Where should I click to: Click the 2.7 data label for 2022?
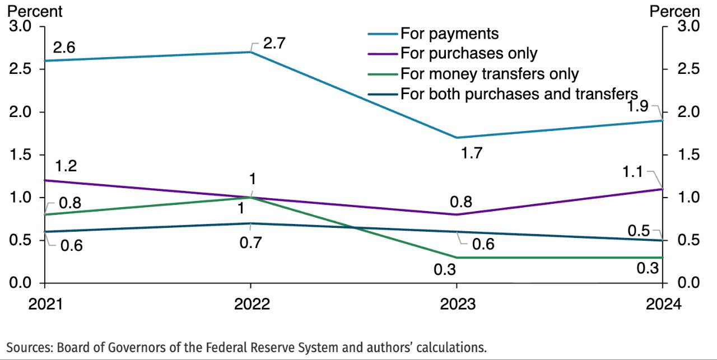[x=275, y=44]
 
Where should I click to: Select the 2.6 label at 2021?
[x=64, y=48]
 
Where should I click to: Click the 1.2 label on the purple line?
[x=66, y=166]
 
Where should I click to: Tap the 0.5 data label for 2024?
[x=639, y=230]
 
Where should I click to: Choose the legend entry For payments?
[x=449, y=34]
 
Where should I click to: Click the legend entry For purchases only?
[x=468, y=54]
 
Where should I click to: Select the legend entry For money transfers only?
[x=489, y=74]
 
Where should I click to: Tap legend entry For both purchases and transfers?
[x=519, y=93]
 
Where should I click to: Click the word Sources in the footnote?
[x=29, y=347]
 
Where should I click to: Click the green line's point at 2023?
[x=457, y=258]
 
